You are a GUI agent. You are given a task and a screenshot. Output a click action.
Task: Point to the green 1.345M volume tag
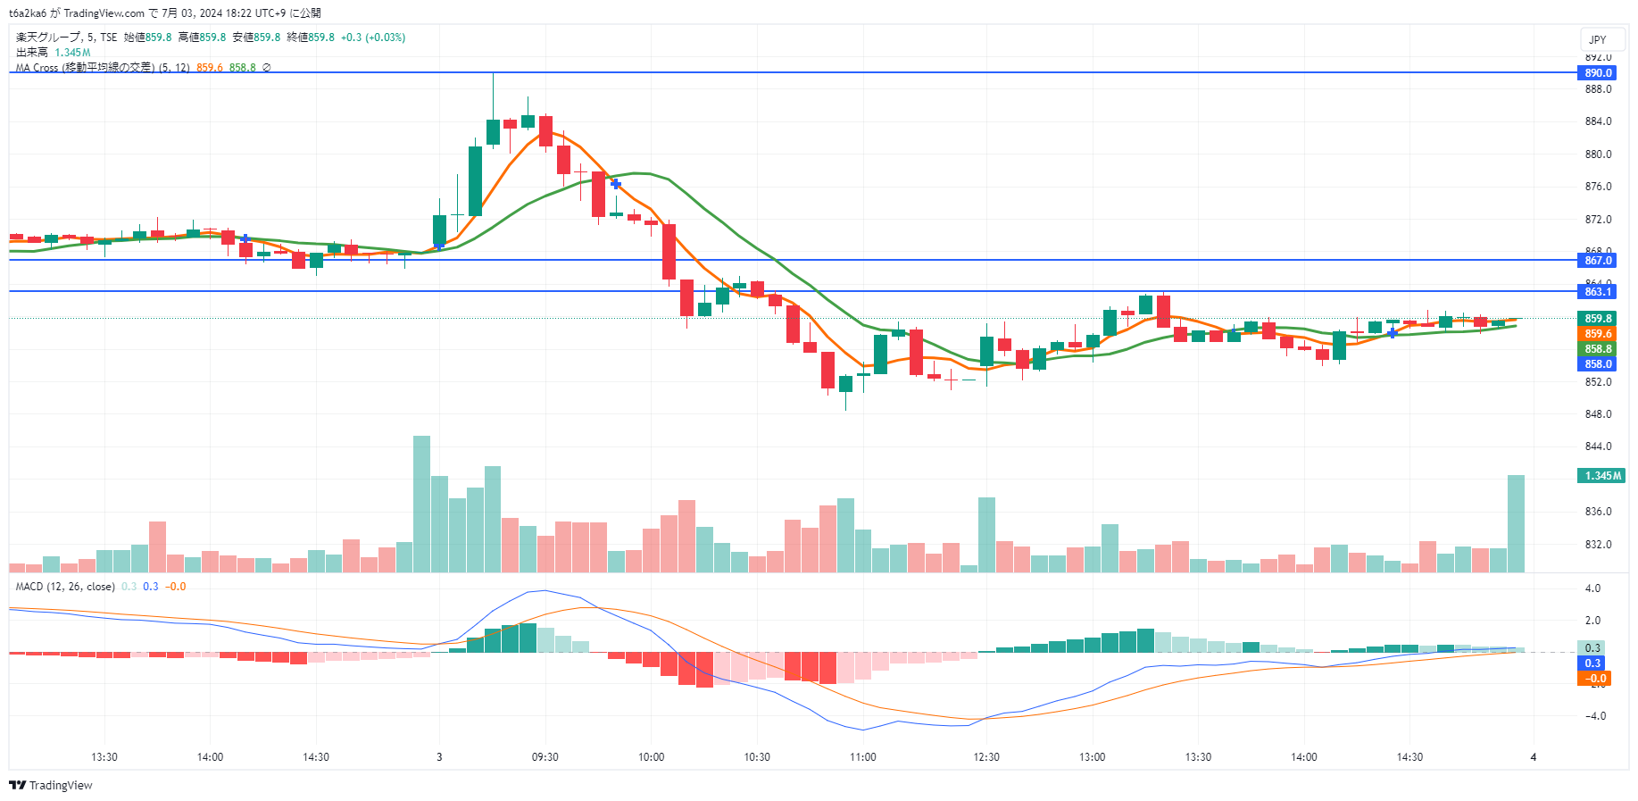pyautogui.click(x=1602, y=476)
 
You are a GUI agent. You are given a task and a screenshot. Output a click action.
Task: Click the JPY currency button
pyautogui.click(x=1597, y=40)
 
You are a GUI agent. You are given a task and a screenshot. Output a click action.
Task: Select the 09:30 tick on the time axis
pyautogui.click(x=545, y=757)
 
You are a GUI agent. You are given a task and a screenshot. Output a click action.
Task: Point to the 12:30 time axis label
pyautogui.click(x=985, y=757)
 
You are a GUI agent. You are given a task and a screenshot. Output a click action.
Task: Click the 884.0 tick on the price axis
pyautogui.click(x=1598, y=121)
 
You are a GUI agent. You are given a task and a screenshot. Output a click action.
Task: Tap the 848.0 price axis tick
pyautogui.click(x=1598, y=414)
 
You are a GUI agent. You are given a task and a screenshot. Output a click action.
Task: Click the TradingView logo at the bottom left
pyautogui.click(x=51, y=786)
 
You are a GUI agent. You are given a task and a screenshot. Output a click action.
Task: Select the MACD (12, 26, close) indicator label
pyautogui.click(x=65, y=587)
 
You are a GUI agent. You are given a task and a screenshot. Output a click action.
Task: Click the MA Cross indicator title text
pyautogui.click(x=102, y=68)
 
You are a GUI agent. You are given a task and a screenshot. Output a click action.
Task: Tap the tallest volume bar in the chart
pyautogui.click(x=421, y=504)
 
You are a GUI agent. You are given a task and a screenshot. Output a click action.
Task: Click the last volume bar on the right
pyautogui.click(x=1516, y=523)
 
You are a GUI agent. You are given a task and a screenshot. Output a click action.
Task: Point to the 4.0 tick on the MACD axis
pyautogui.click(x=1592, y=588)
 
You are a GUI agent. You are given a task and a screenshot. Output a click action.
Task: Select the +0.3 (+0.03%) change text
pyautogui.click(x=373, y=38)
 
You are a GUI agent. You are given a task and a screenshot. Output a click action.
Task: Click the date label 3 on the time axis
pyautogui.click(x=439, y=757)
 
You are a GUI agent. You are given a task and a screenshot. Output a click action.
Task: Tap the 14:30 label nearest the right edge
pyautogui.click(x=1409, y=757)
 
